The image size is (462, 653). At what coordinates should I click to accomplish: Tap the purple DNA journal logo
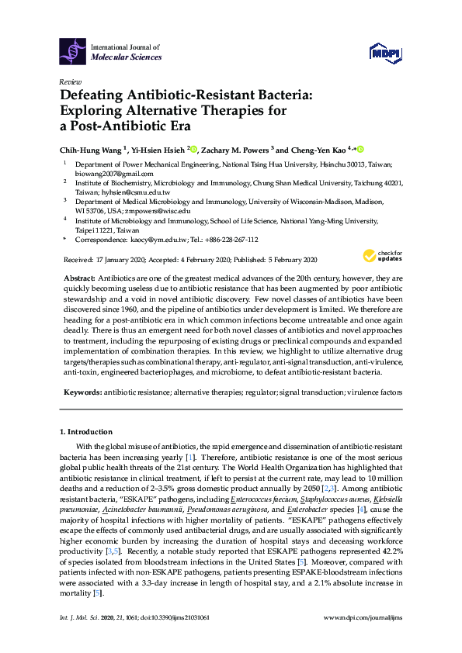click(73, 51)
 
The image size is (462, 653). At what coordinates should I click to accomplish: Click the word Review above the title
click(70, 81)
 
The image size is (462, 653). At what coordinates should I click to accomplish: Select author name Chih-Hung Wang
click(90, 150)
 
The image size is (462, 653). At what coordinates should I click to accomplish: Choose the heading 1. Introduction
click(85, 431)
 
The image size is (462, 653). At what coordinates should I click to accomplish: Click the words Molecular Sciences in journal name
click(127, 57)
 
